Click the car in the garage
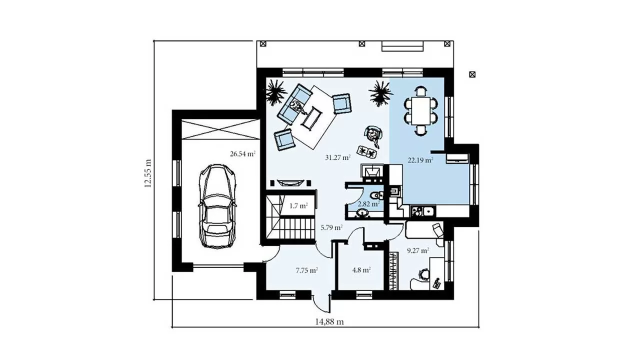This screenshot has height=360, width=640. (x=217, y=206)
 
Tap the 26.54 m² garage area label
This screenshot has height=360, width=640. (x=242, y=154)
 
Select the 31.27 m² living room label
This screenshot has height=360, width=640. (x=337, y=157)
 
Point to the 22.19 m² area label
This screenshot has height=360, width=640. (x=420, y=160)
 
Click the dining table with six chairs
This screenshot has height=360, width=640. (x=420, y=110)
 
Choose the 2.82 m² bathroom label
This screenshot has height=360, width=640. (x=368, y=204)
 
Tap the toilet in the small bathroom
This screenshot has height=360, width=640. (x=376, y=195)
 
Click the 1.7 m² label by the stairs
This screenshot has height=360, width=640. (x=298, y=205)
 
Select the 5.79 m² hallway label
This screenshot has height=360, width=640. (x=331, y=227)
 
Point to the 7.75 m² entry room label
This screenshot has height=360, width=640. (x=307, y=270)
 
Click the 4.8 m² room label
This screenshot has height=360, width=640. (x=361, y=269)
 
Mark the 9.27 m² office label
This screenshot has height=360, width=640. (x=417, y=250)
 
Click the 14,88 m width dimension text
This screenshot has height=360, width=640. (x=329, y=322)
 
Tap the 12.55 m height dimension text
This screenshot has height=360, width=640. (x=147, y=173)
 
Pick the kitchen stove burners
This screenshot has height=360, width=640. (x=416, y=211)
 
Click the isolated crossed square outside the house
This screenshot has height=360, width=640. (x=472, y=74)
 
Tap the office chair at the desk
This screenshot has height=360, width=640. (x=423, y=273)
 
